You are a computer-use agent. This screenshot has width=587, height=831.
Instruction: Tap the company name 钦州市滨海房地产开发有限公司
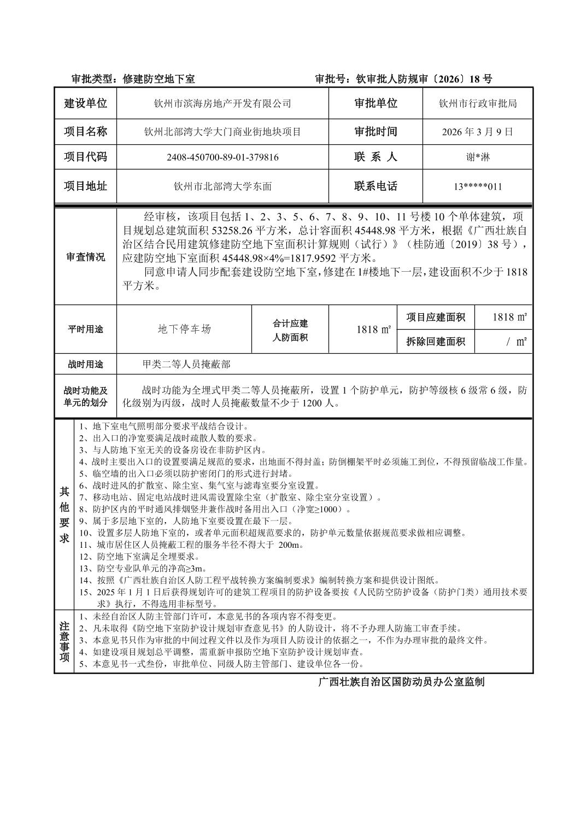222,103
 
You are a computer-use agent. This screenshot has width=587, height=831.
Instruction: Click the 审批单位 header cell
375,103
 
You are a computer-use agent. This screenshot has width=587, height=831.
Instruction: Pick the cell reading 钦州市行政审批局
478,103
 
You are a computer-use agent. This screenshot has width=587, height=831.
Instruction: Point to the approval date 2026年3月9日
478,132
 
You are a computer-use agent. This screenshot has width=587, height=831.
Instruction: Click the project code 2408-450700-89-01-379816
222,157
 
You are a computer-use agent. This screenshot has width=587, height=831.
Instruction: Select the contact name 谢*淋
478,157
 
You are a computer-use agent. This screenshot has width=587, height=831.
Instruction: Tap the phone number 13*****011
478,186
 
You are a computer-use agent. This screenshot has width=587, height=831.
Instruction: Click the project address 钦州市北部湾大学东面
222,186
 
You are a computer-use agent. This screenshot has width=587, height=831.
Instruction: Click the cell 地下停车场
184,329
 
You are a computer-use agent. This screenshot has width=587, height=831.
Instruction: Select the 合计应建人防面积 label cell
290,330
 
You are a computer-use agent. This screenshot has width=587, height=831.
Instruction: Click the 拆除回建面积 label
436,342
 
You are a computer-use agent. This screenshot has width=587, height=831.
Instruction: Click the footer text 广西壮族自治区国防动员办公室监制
401,682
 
